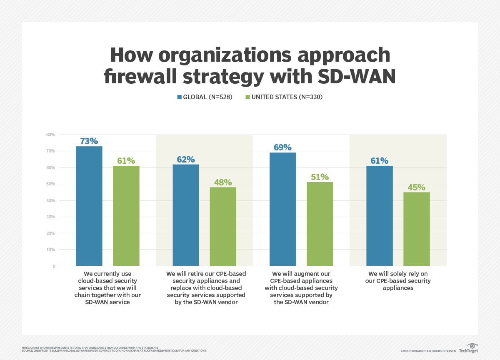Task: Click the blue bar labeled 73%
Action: (89, 206)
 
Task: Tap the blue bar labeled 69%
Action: (282, 209)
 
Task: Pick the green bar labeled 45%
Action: (417, 229)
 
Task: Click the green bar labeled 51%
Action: (320, 224)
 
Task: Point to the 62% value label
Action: (185, 159)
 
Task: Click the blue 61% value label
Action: (379, 160)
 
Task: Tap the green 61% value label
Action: (126, 160)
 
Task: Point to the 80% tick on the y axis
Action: (50, 135)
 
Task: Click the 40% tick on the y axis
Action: (50, 200)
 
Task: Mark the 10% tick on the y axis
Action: (50, 250)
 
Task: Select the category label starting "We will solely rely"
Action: (398, 281)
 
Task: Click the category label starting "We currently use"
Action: (107, 287)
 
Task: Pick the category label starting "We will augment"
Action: (301, 287)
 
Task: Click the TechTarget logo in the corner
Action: (468, 348)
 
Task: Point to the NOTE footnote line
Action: (90, 347)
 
